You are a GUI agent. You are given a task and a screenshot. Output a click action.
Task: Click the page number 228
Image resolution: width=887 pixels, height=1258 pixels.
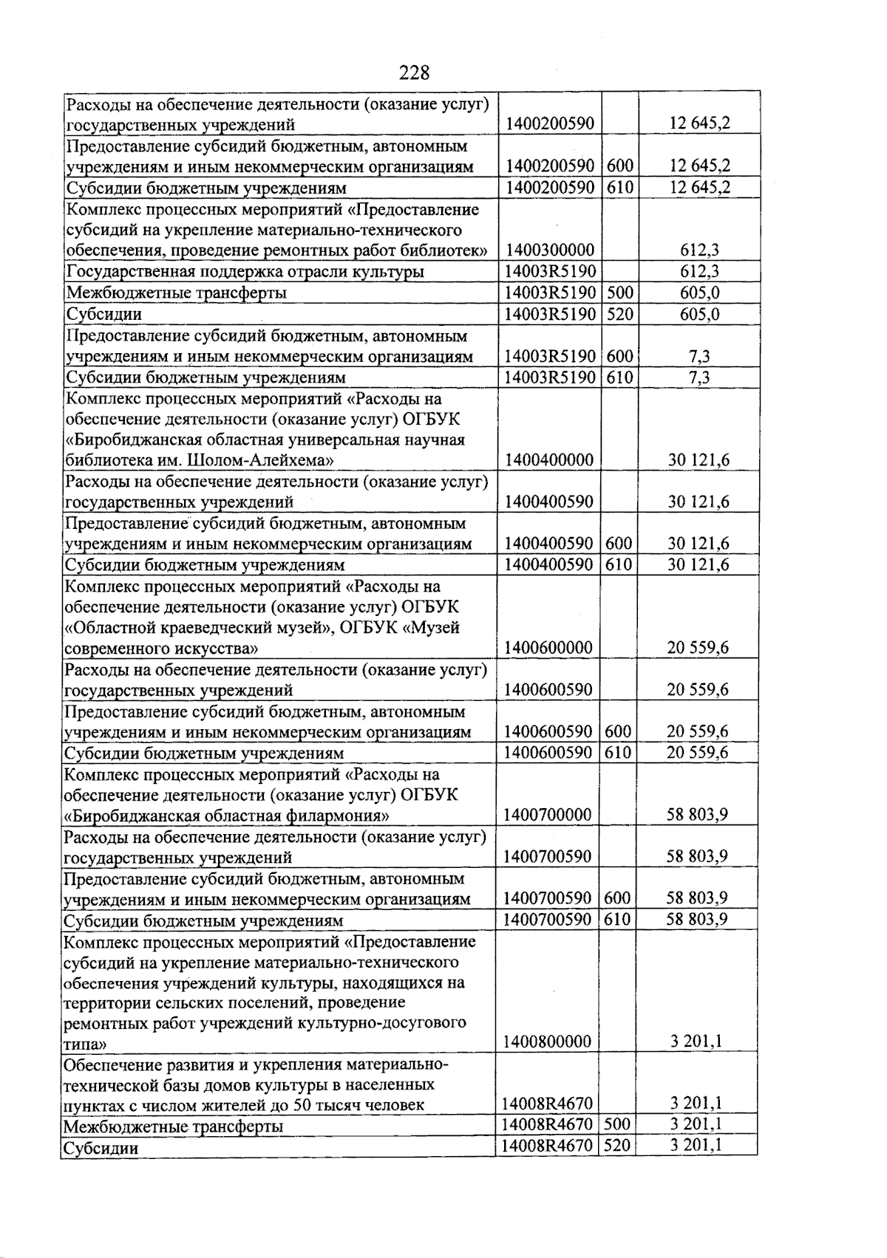point(414,72)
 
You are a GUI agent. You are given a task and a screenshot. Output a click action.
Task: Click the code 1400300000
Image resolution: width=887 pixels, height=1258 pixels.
point(549,250)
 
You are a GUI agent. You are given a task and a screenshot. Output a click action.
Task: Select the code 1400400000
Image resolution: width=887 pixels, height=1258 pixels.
point(549,460)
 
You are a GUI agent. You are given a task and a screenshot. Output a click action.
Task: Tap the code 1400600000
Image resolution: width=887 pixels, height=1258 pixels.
point(548,648)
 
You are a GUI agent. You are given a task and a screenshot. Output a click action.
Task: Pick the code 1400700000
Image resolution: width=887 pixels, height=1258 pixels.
point(548,815)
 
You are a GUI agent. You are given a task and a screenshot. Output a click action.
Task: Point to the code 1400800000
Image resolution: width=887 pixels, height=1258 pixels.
point(548,1042)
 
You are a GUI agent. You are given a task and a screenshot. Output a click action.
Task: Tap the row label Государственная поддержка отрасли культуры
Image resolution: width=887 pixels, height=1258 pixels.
point(245,272)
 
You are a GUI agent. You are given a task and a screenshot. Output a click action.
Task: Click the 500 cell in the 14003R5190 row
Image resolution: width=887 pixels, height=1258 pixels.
point(619,293)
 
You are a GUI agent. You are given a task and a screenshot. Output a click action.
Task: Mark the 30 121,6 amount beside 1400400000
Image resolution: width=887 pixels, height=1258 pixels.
point(699,460)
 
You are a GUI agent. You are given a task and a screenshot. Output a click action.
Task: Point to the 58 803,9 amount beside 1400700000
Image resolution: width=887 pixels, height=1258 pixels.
point(698,815)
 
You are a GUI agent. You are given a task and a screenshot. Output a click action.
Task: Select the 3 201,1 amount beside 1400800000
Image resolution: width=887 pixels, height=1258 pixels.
point(696,1042)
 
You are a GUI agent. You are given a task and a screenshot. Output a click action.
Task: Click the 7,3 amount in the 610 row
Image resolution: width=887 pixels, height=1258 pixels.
point(699,377)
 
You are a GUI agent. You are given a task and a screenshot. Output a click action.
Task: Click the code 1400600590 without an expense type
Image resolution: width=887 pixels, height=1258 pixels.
point(548,690)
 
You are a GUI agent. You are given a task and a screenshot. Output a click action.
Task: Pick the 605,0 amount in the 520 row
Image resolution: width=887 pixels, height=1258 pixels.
point(699,314)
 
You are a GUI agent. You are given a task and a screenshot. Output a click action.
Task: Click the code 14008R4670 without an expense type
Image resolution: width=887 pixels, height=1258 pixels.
point(547,1104)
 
